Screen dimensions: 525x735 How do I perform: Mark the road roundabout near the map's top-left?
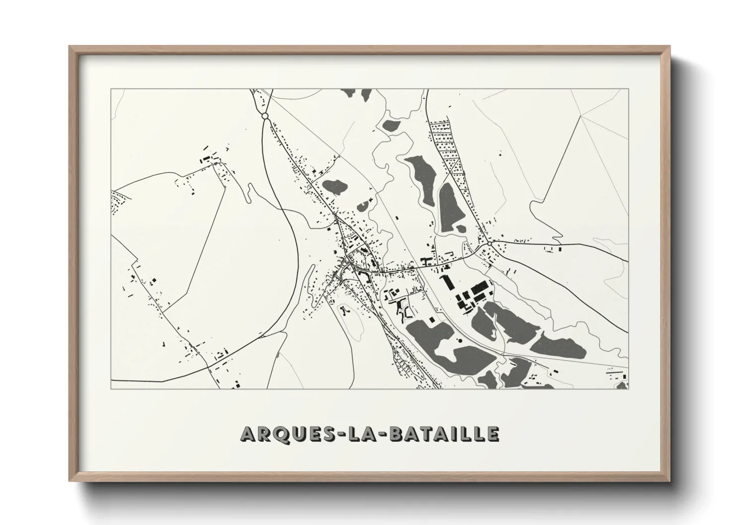265,116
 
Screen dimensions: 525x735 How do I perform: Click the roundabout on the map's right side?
490,244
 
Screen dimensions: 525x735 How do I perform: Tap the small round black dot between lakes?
459,340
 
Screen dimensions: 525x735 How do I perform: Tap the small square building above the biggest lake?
432,317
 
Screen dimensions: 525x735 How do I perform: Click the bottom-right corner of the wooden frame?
669,480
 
